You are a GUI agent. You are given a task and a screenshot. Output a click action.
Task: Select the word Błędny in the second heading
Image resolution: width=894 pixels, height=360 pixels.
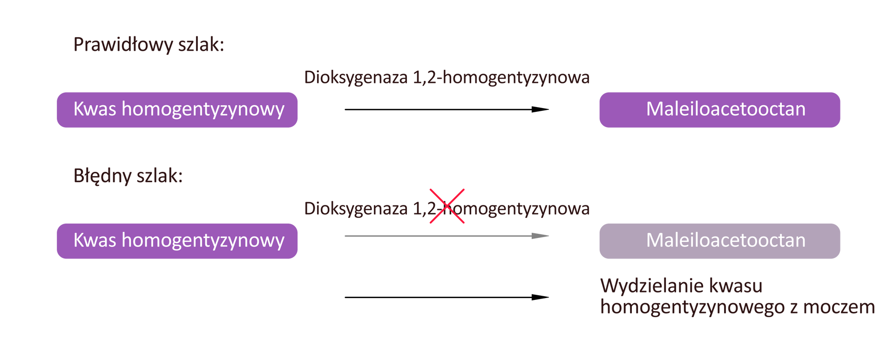102,176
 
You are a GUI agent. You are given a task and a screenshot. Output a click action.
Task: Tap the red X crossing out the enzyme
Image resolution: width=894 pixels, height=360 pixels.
447,206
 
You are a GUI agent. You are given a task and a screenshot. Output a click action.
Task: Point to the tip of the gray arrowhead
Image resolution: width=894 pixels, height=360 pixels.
549,236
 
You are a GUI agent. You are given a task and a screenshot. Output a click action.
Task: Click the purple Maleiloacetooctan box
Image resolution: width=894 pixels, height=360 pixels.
719,110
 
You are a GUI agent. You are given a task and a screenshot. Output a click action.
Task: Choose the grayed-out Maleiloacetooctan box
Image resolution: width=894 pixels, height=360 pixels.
719,241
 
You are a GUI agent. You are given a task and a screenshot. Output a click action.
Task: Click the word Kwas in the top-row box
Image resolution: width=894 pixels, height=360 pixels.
95,109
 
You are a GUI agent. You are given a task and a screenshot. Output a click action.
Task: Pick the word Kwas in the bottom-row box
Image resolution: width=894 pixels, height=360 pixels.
95,240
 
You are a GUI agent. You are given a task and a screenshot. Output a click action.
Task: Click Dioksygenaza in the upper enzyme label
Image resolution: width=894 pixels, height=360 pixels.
356,78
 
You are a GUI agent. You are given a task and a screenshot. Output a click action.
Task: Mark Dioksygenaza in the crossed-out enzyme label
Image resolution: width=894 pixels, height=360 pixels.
356,209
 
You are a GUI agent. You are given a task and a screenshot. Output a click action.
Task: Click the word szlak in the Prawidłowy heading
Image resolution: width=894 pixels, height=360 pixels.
201,45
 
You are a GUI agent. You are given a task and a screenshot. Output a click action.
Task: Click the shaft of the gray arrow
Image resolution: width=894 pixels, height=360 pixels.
438,236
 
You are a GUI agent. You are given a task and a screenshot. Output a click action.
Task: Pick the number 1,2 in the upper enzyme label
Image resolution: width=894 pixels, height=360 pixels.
425,78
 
